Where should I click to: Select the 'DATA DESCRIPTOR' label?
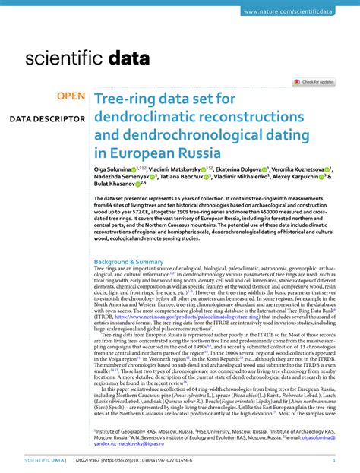(x=47, y=119)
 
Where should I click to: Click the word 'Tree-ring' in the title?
(x=125, y=99)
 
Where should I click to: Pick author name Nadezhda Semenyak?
(x=120, y=178)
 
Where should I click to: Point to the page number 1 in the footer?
(x=334, y=461)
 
